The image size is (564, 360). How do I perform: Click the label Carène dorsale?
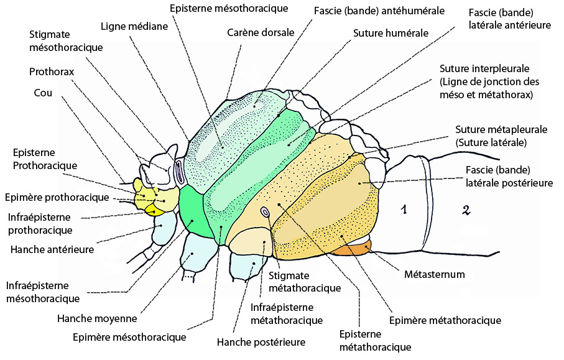pyautogui.click(x=261, y=33)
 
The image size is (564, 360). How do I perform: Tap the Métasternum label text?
pyautogui.click(x=435, y=274)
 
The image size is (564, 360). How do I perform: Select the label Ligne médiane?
pyautogui.click(x=134, y=26)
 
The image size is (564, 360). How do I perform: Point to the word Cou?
pyautogui.click(x=43, y=93)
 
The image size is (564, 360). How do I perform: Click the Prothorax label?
pyautogui.click(x=52, y=72)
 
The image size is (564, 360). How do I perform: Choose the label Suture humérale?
pyautogui.click(x=391, y=33)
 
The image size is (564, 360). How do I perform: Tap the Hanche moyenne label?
pyautogui.click(x=97, y=318)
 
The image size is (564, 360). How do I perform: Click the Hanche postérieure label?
pyautogui.click(x=261, y=342)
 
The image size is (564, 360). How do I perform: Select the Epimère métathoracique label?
pyautogui.click(x=445, y=320)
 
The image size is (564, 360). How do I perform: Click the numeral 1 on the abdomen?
pyautogui.click(x=404, y=209)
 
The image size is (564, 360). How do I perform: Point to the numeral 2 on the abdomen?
pyautogui.click(x=466, y=210)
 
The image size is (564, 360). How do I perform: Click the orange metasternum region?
pyautogui.click(x=351, y=249)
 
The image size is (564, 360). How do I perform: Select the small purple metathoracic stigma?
pyautogui.click(x=266, y=212)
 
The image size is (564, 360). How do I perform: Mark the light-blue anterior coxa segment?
pyautogui.click(x=164, y=228)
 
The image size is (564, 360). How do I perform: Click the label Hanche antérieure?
pyautogui.click(x=52, y=249)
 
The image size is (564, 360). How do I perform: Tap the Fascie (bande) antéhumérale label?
pyautogui.click(x=379, y=11)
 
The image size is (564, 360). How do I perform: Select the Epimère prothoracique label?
pyautogui.click(x=57, y=198)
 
